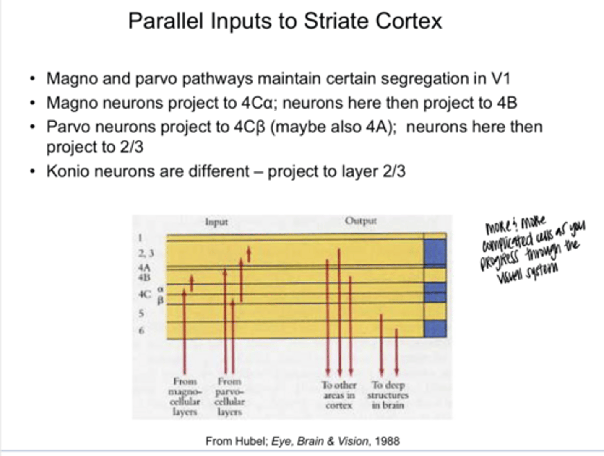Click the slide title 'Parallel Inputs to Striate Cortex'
[285, 21]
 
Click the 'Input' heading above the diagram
[216, 222]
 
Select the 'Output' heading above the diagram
[361, 221]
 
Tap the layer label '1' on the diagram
[141, 238]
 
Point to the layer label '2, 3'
[146, 253]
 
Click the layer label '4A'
[144, 267]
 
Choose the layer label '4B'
[144, 277]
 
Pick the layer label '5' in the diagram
[141, 313]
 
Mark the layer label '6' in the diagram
[141, 331]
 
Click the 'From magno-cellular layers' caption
[185, 396]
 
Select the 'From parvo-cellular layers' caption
[229, 396]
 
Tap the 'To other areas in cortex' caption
[339, 395]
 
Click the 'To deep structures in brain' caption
[388, 395]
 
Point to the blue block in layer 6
[435, 328]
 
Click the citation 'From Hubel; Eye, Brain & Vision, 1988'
[302, 441]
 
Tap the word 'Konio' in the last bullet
[65, 171]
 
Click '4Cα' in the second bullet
[257, 103]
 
